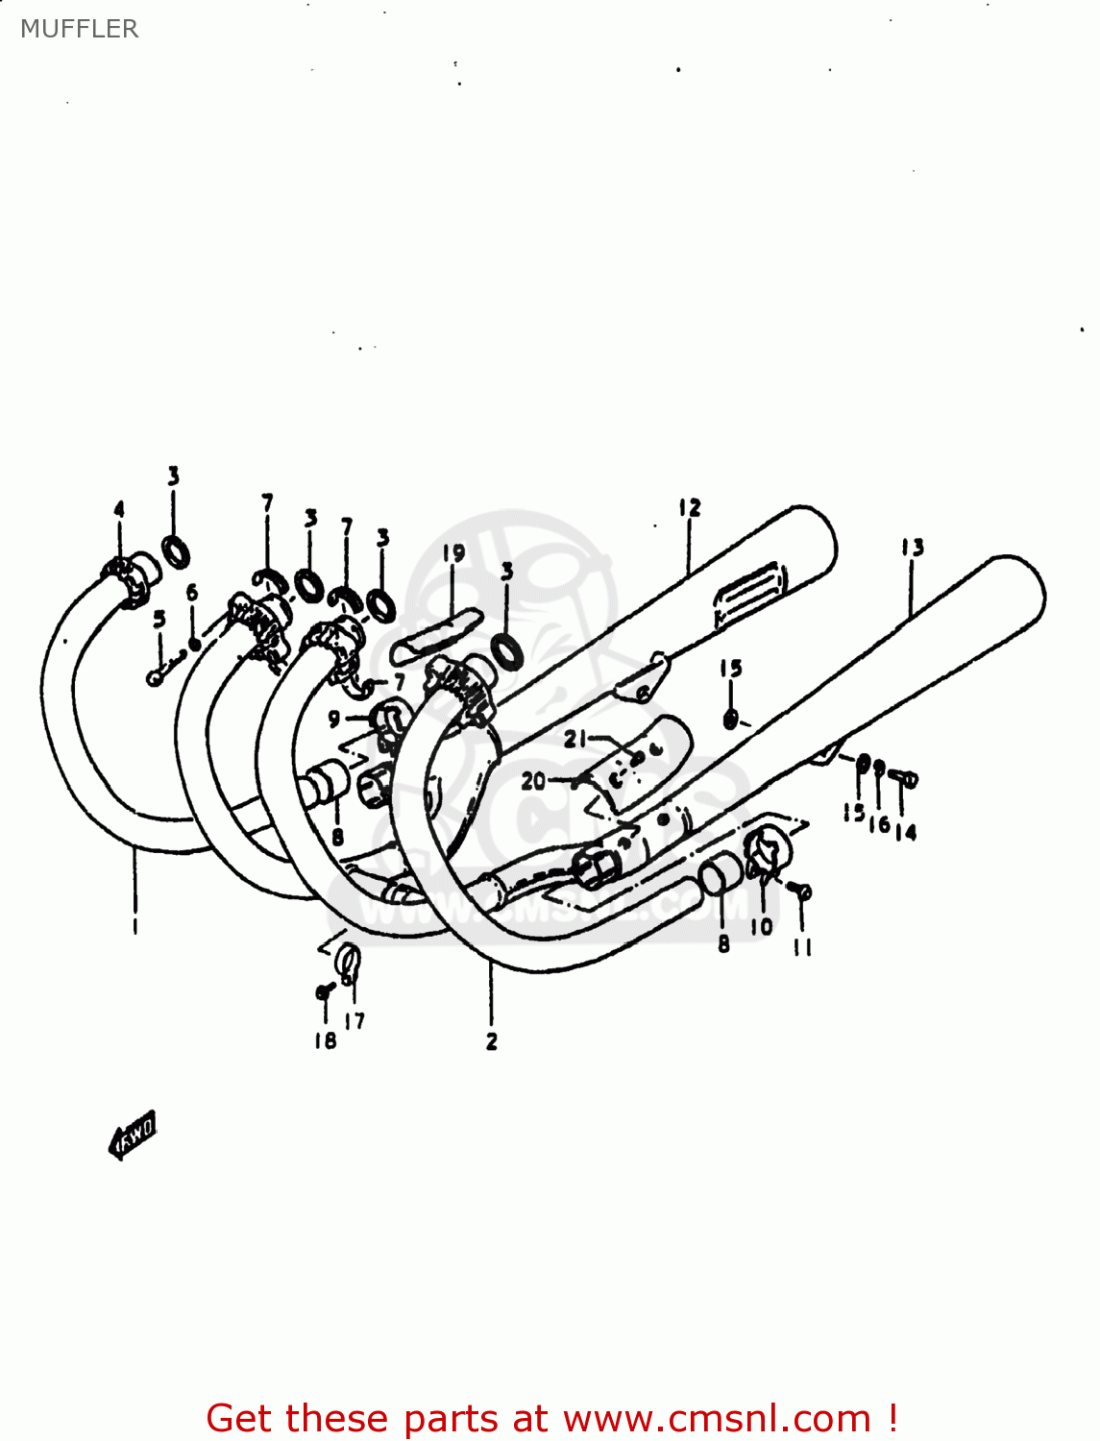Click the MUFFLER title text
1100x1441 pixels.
[79, 29]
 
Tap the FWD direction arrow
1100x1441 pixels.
[134, 1136]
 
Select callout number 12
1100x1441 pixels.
[690, 507]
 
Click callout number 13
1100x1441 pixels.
[912, 548]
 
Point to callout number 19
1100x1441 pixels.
[453, 553]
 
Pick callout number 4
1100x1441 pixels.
[119, 510]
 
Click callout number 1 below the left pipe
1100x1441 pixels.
[134, 926]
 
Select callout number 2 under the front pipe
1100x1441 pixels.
[491, 1041]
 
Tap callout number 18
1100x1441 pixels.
[325, 1040]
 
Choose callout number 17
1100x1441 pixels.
[355, 1021]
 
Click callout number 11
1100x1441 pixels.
[803, 948]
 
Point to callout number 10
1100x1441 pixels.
[761, 927]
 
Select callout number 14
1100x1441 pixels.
[905, 833]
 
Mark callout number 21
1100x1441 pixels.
[574, 739]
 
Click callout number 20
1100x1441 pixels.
[532, 781]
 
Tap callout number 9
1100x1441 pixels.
[334, 718]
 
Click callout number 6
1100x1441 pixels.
[192, 593]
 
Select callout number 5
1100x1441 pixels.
[159, 619]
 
